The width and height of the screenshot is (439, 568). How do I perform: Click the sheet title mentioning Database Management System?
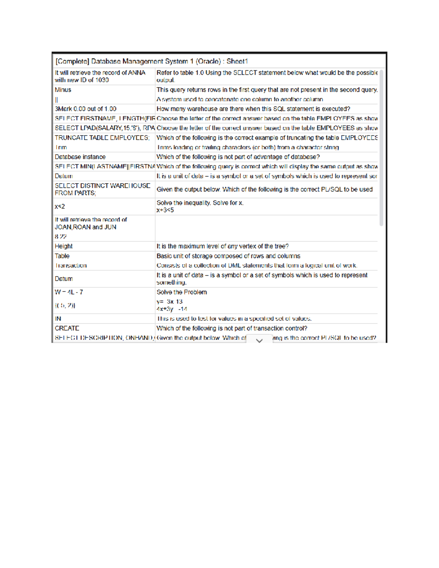[x=151, y=61]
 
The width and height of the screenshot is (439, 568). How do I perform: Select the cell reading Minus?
[x=63, y=90]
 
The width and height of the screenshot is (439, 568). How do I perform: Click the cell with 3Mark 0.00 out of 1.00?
[x=86, y=109]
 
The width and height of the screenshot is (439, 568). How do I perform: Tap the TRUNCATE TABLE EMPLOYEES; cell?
[x=102, y=138]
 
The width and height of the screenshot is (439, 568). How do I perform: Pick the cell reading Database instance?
[x=80, y=157]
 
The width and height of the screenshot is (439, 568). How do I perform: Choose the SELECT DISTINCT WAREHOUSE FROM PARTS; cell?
[x=102, y=189]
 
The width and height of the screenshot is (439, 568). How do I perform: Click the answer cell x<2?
[x=60, y=207]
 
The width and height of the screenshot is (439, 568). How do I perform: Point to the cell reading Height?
[x=64, y=247]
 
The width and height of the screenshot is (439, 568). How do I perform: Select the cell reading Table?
[x=62, y=256]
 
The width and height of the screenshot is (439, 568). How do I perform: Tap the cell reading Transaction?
[x=71, y=266]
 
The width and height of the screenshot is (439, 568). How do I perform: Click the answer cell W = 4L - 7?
[x=69, y=292]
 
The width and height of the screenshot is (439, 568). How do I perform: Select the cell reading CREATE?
[x=67, y=328]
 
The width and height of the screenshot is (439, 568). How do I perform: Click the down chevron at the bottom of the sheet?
[x=259, y=341]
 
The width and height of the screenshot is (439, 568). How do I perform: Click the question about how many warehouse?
[x=253, y=109]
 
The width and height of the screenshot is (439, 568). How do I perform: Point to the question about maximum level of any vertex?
[x=222, y=247]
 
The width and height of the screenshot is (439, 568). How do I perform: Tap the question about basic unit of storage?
[x=228, y=256]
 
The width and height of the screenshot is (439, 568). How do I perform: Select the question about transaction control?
[x=232, y=328]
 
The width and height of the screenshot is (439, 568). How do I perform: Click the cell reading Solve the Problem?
[x=182, y=292]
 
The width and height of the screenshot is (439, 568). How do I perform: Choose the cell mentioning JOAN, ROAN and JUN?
[x=91, y=223]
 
